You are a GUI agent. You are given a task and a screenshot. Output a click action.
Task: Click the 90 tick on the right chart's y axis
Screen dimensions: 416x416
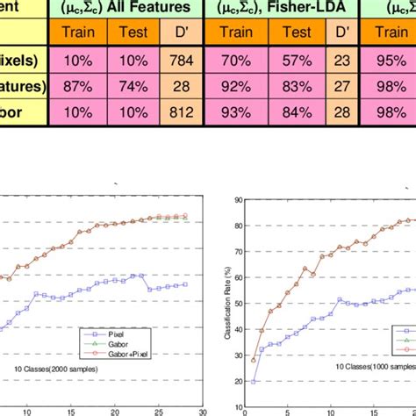tap(237, 201)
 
